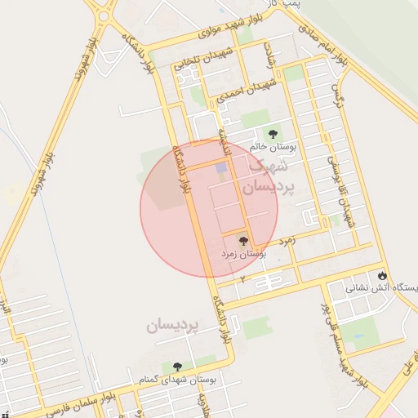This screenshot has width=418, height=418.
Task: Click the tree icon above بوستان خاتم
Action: (x=273, y=132)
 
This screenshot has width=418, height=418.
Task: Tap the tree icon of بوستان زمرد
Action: (x=242, y=241)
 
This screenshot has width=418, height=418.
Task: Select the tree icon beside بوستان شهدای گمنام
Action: (x=177, y=367)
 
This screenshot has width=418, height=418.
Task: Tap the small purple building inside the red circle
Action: (x=221, y=167)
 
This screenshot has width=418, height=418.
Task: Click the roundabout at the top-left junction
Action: (x=104, y=15)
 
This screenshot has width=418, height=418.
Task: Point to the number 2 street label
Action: (x=242, y=278)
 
